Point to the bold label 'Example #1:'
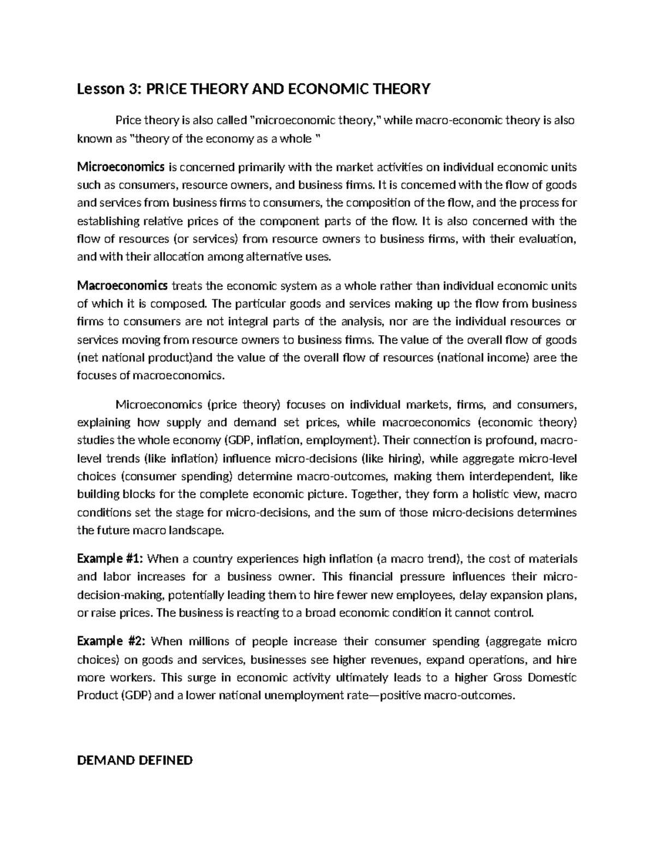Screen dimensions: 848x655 [111, 559]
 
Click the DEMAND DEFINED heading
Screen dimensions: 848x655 [135, 760]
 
